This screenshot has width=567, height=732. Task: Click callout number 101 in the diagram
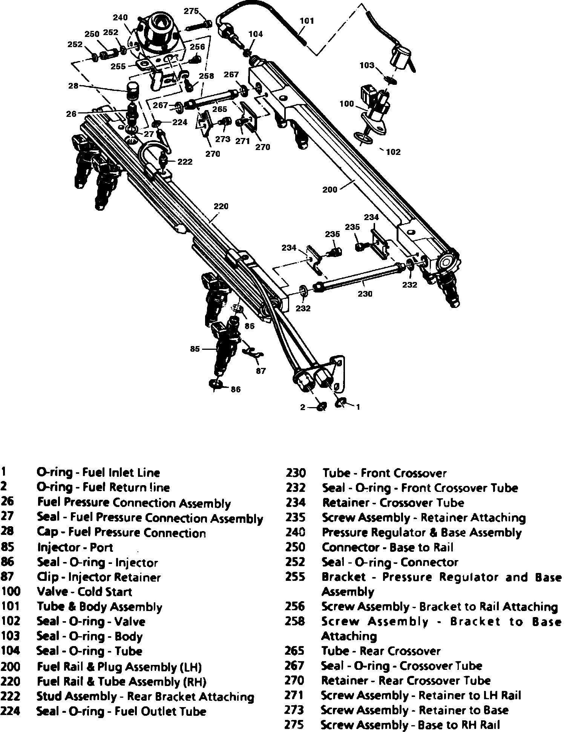click(306, 21)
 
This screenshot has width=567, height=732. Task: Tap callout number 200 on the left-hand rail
click(330, 190)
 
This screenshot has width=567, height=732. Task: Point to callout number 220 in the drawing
click(221, 207)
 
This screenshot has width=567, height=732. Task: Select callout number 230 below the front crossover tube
click(365, 294)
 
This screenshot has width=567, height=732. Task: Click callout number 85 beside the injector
click(195, 349)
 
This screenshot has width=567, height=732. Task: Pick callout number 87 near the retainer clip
click(261, 371)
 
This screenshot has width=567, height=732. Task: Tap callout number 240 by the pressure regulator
click(120, 18)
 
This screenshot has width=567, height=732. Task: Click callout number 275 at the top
click(191, 11)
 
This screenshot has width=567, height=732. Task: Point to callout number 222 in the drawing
click(185, 162)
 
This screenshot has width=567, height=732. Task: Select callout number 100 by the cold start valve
click(346, 104)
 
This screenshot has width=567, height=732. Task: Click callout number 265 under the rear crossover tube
click(219, 109)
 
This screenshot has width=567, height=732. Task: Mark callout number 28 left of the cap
click(73, 86)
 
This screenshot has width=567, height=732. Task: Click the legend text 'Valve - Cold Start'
click(84, 592)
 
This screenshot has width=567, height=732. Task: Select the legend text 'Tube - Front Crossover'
click(385, 473)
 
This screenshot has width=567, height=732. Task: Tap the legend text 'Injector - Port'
click(75, 547)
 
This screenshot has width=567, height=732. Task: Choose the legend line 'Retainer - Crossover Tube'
click(393, 503)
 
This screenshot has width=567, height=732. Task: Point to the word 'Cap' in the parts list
click(48, 532)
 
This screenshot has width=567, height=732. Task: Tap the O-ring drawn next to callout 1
click(340, 403)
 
